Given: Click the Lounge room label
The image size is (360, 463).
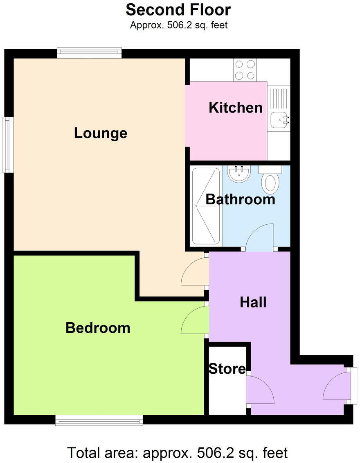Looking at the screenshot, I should click(100, 133).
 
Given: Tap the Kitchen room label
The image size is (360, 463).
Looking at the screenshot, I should click(235, 108).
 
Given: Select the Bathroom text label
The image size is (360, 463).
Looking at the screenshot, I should click(240, 199).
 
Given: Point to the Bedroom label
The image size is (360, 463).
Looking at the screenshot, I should click(98, 327).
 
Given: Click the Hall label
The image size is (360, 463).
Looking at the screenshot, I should click(253, 302).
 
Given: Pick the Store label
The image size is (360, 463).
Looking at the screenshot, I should click(227, 368).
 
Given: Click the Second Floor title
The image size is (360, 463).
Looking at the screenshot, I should click(178, 9).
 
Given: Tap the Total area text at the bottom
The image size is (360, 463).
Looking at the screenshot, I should click(178, 453).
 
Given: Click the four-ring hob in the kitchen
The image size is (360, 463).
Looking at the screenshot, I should click(245, 70).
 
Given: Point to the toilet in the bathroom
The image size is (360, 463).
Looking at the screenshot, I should click(270, 181).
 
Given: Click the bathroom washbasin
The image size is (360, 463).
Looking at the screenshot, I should click(239, 174).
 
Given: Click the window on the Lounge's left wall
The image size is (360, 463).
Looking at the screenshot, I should click(7, 144).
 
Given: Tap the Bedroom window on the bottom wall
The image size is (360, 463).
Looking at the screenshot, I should click(99, 420).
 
